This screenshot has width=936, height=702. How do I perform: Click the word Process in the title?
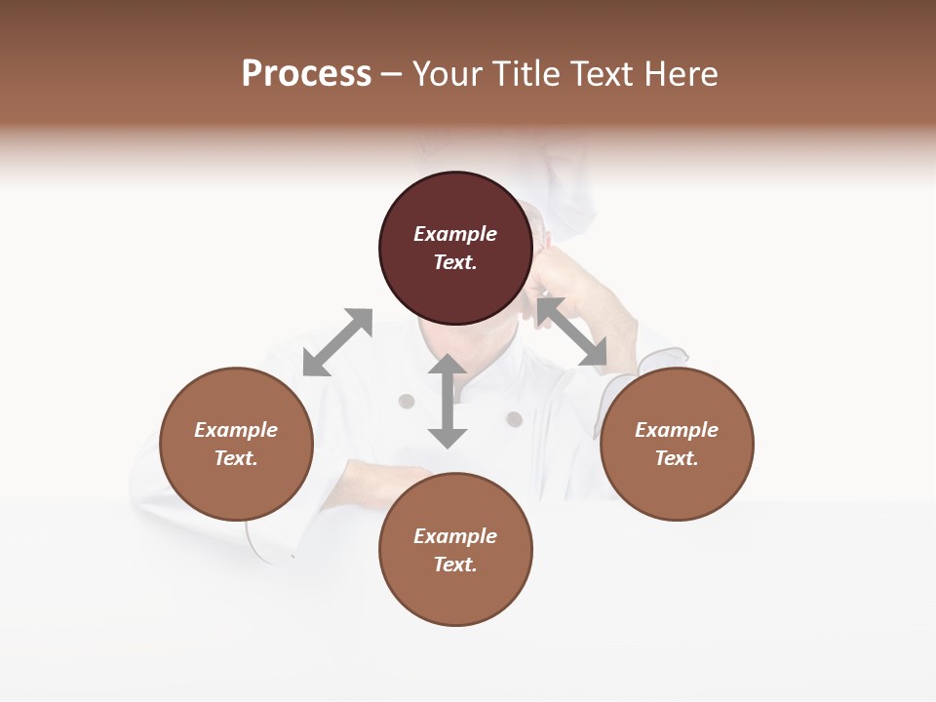point(306,74)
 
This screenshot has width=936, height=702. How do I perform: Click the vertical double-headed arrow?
point(448,401)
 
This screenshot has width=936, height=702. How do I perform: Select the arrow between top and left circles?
point(337,342)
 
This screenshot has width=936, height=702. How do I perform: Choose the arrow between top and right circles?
point(572,331)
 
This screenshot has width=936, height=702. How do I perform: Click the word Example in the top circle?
point(455,234)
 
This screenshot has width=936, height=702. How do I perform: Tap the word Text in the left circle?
point(236,458)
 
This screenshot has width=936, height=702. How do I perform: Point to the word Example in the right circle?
point(677,430)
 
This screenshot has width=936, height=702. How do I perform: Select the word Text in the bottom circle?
point(455,565)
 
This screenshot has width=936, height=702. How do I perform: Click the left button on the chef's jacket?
point(407,401)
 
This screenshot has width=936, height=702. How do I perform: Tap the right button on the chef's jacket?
point(514,419)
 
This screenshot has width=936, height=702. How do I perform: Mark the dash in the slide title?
point(392,74)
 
